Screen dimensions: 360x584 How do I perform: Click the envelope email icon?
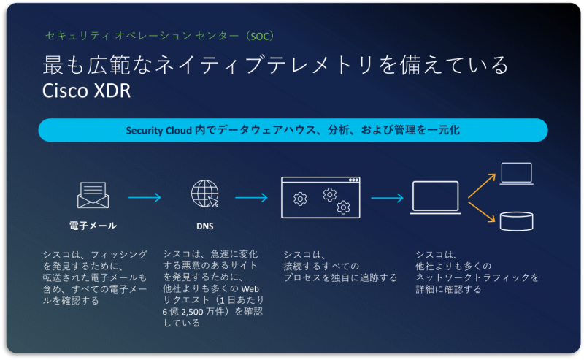coord(93,195)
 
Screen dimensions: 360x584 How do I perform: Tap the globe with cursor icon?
coord(204,195)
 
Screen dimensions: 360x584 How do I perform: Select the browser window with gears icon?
coord(321,196)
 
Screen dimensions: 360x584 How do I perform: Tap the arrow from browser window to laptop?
coord(387,196)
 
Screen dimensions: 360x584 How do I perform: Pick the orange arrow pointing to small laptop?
coord(482,184)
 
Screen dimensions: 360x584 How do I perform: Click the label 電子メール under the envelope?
coord(93,226)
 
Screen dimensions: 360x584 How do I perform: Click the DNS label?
coord(204,226)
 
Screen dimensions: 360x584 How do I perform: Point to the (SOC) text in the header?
coord(259,35)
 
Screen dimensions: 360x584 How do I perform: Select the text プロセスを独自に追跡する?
coord(340,277)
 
